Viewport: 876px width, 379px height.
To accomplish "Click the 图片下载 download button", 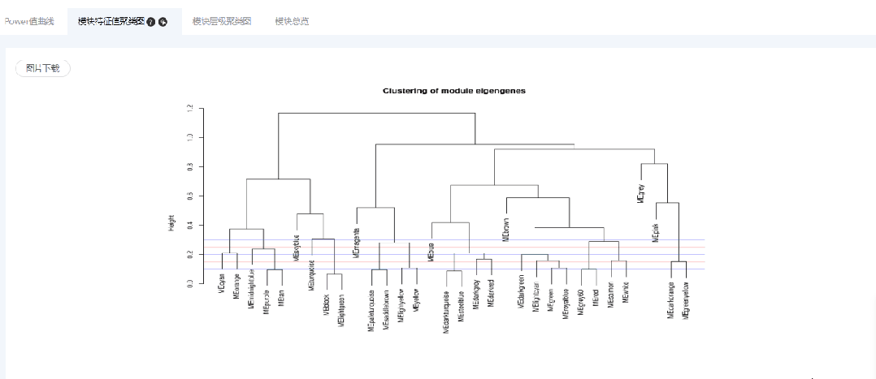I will [x=43, y=69].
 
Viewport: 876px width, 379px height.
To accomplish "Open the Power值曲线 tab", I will [x=28, y=21].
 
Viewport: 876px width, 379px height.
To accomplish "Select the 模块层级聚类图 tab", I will [x=222, y=21].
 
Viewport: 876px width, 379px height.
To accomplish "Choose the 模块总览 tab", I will [x=292, y=21].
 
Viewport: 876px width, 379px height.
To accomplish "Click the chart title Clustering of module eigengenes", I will [x=453, y=91].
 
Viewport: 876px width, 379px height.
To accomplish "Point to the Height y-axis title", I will [x=171, y=222].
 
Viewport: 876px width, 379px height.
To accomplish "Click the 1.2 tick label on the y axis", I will [x=190, y=108].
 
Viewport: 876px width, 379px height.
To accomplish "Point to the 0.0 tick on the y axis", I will [x=190, y=283].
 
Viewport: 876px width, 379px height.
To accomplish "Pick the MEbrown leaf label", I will [x=506, y=230].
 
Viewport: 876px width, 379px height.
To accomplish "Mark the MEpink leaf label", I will [x=655, y=231].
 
